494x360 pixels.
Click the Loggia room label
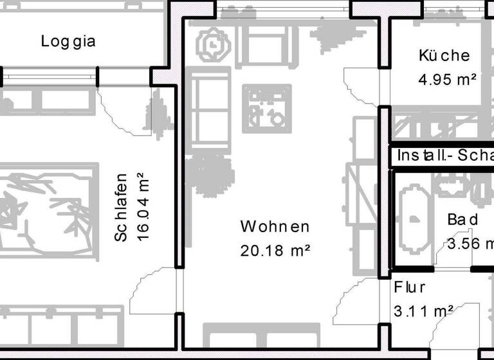(68, 42)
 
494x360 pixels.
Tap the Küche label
(443, 56)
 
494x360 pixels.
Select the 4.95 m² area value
(446, 80)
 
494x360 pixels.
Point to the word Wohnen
(275, 227)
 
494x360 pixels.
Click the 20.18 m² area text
(275, 250)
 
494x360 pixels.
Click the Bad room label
(462, 220)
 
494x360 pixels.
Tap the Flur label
(409, 287)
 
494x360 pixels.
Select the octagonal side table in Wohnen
(212, 45)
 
